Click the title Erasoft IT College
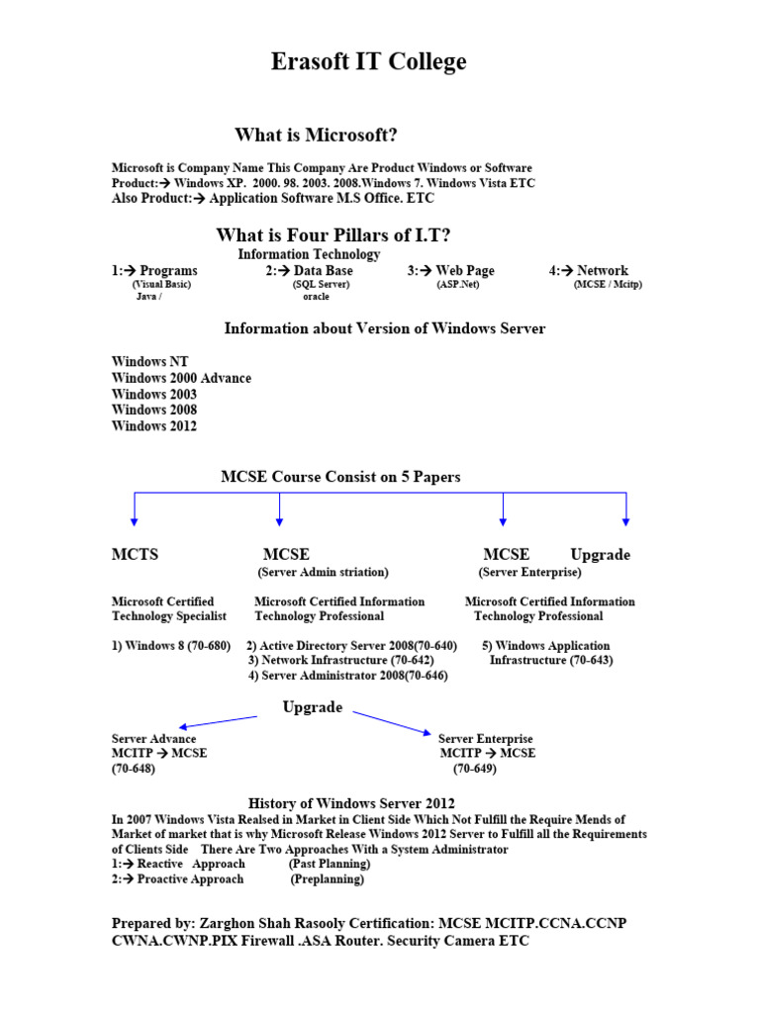coord(368,62)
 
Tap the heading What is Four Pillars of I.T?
coord(333,235)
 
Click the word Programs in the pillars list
coord(168,271)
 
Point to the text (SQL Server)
coord(321,284)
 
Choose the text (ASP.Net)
coord(457,284)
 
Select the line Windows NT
coord(149,362)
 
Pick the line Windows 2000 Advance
coord(181,378)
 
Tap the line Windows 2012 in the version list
coord(154,426)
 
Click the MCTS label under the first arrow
coord(135,555)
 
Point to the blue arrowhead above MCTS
coord(135,520)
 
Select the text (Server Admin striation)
coord(324,573)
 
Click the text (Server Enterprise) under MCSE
coord(530,573)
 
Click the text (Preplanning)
coord(327,879)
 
